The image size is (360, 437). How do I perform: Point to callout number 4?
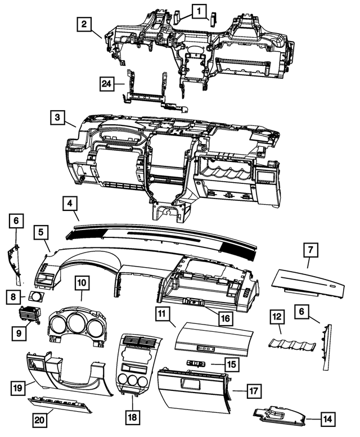coord(70,204)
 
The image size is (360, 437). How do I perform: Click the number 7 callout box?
coord(309,250)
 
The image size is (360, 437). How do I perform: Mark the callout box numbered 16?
coord(224,318)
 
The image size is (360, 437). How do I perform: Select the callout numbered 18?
coord(133,417)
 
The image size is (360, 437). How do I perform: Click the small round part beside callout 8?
coord(37,296)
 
